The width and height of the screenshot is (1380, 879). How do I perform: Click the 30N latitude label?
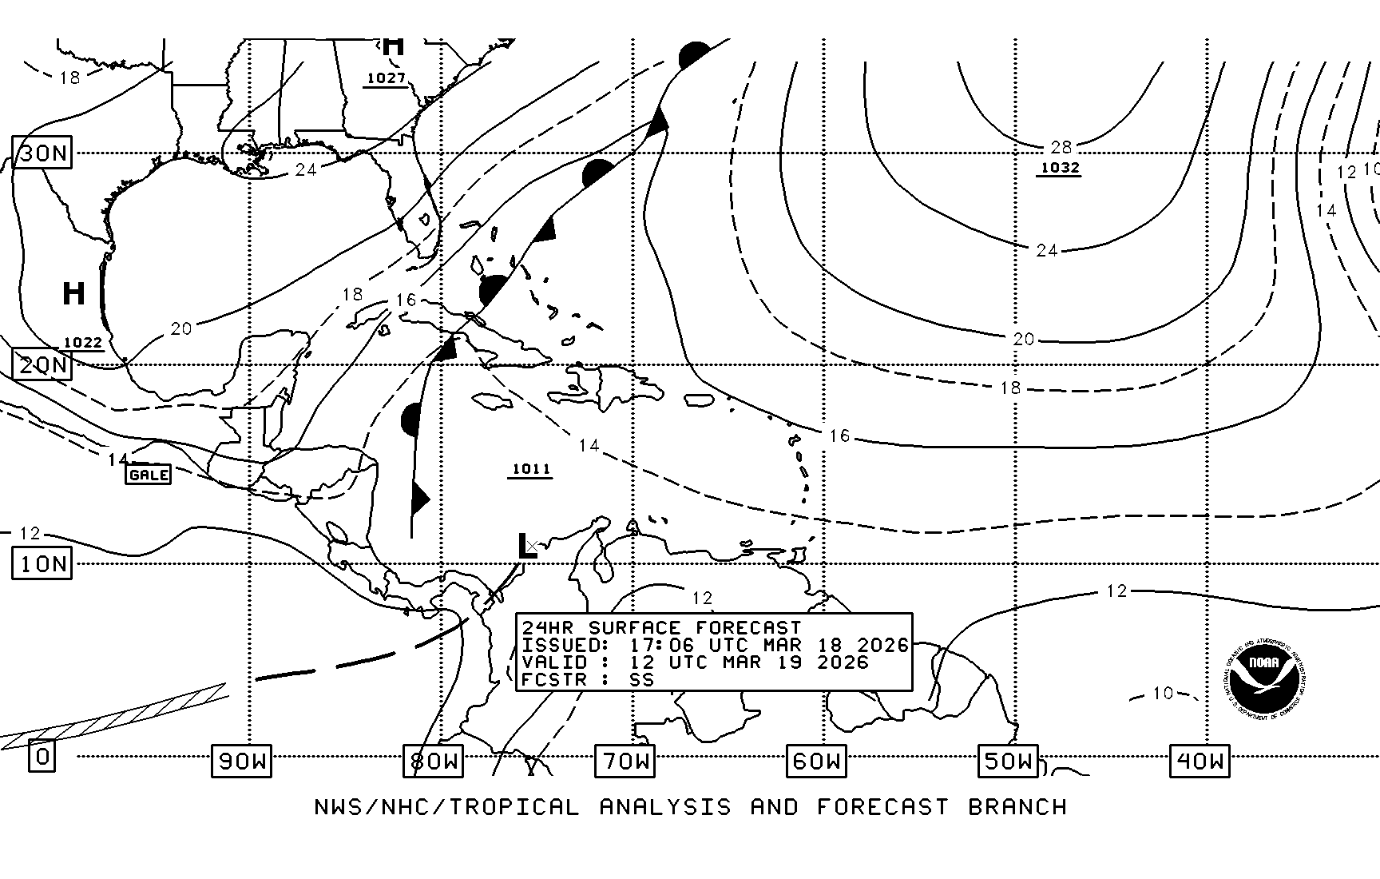[42, 153]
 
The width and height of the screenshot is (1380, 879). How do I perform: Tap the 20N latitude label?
[42, 365]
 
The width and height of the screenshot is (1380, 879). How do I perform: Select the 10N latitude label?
[42, 564]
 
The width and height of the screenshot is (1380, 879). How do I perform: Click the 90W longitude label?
[241, 761]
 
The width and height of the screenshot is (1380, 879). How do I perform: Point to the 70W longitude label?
[625, 761]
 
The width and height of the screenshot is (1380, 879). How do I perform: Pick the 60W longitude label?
[815, 761]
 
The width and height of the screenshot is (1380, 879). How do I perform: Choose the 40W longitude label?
[1200, 761]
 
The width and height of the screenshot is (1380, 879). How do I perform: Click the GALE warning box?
[149, 475]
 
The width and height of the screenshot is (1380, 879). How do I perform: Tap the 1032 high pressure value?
[1060, 168]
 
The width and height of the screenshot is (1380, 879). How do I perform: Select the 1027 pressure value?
[386, 78]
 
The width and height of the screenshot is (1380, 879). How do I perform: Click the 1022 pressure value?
[83, 343]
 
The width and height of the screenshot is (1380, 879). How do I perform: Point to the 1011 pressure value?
[531, 469]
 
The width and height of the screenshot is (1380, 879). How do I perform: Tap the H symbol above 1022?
[73, 293]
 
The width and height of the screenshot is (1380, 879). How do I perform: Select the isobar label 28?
[1061, 147]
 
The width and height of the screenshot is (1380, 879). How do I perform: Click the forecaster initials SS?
[641, 680]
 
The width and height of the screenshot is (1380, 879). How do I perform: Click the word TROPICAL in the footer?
[513, 807]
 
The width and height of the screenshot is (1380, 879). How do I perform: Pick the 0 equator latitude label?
[42, 755]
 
